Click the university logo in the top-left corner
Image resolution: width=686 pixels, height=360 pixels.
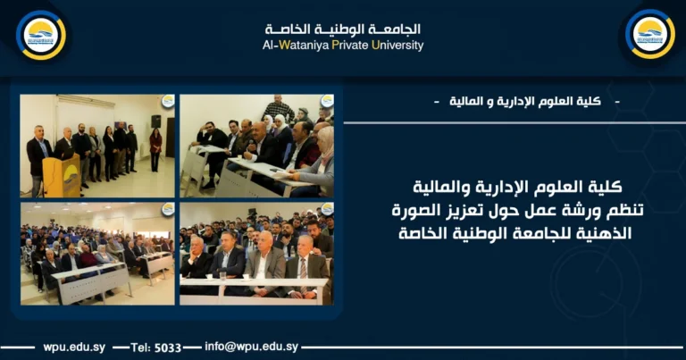click(41, 34)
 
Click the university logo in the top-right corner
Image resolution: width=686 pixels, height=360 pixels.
click(649, 34)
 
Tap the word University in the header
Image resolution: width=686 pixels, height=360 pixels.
click(397, 46)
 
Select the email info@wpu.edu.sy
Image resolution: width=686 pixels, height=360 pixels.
click(251, 347)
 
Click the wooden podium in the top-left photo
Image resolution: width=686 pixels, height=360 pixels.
click(62, 176)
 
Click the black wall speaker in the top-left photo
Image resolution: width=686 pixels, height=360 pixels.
click(155, 121)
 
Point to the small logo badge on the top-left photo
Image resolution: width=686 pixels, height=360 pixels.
click(167, 101)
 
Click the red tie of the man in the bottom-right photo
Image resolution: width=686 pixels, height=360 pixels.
click(304, 269)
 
